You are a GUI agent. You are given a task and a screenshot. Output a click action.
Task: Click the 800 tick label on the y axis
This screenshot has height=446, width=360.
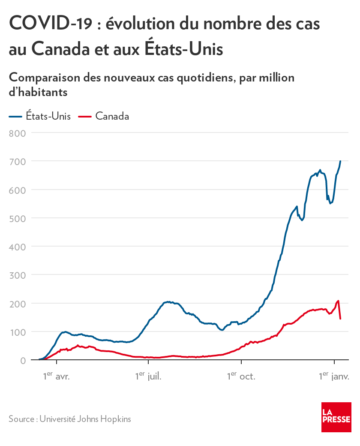tap(18, 133)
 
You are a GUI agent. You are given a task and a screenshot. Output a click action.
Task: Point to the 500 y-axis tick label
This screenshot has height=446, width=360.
tap(18, 218)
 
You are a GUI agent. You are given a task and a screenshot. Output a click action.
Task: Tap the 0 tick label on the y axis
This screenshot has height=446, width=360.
tap(23, 360)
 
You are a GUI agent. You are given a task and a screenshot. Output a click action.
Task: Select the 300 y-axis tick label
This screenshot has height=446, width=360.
tap(18, 275)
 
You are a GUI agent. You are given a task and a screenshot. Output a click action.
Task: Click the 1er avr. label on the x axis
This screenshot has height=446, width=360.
tap(56, 377)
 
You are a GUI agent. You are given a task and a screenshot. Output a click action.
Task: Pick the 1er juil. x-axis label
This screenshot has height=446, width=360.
tap(148, 377)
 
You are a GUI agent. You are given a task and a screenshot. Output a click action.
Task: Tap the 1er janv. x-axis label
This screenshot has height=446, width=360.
tap(334, 377)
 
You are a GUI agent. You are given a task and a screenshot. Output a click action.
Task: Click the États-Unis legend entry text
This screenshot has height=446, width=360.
tap(48, 116)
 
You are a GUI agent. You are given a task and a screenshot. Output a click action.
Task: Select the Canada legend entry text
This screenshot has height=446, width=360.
tap(112, 116)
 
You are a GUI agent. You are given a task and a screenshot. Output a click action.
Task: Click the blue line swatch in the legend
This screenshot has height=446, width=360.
tap(15, 116)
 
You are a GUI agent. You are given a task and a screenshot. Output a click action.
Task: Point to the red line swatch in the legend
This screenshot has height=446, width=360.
tap(85, 116)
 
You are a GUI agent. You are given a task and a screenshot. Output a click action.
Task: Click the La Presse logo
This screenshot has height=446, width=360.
tap(336, 417)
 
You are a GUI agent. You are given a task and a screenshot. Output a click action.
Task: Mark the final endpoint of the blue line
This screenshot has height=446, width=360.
tap(340, 161)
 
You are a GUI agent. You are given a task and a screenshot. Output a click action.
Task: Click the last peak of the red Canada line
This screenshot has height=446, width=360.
tap(338, 301)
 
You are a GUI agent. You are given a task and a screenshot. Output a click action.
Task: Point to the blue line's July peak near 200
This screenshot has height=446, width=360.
tap(168, 302)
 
